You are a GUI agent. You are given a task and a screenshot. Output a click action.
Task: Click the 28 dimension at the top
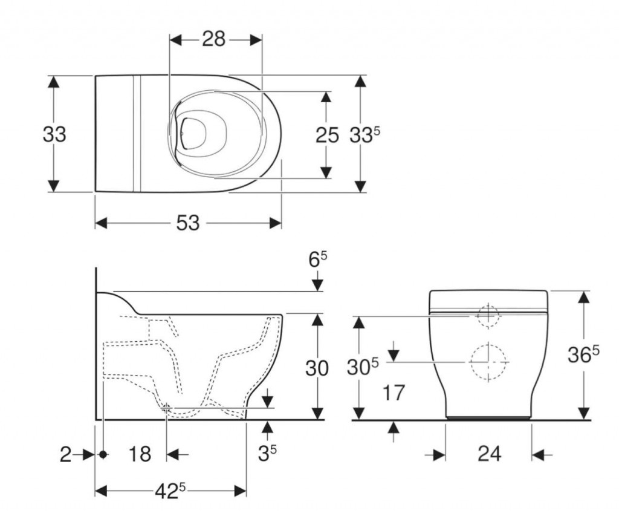point(213,40)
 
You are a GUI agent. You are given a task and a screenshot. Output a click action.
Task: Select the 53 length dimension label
point(188,223)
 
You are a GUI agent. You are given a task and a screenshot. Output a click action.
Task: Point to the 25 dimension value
point(327,135)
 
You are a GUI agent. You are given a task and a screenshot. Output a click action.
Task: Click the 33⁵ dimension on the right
point(364,135)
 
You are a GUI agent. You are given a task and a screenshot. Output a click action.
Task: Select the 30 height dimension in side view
point(317,367)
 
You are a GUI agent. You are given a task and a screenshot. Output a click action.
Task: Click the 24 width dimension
point(488,454)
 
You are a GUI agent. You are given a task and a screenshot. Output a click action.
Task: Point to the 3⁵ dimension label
point(268,453)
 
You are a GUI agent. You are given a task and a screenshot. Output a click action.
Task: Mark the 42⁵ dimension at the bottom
point(170,490)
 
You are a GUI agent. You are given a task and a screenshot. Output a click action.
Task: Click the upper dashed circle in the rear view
point(488,315)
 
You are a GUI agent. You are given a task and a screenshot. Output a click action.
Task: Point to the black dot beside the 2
point(104,453)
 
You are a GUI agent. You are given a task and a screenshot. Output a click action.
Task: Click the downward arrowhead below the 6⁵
point(318,284)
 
